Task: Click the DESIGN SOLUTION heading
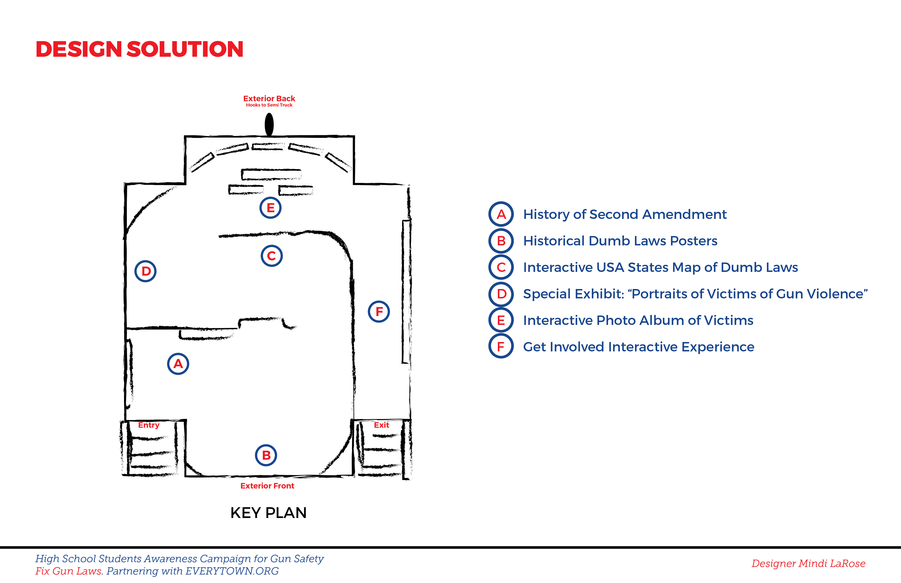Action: (x=139, y=50)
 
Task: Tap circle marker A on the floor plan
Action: (x=178, y=364)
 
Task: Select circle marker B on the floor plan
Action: (x=266, y=455)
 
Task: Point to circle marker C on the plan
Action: (x=271, y=256)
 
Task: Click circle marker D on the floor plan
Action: (x=146, y=271)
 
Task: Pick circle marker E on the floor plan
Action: (x=270, y=207)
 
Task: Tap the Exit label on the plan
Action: (x=381, y=425)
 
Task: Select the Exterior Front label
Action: (x=267, y=486)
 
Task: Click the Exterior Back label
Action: (x=269, y=99)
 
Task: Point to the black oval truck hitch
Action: (x=269, y=124)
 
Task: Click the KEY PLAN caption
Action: (x=268, y=513)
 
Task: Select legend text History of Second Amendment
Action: (x=625, y=214)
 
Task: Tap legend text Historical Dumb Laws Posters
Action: (x=620, y=241)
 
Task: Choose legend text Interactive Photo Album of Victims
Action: (x=638, y=320)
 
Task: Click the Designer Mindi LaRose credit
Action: (x=808, y=563)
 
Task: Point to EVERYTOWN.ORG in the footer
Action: (x=232, y=571)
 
